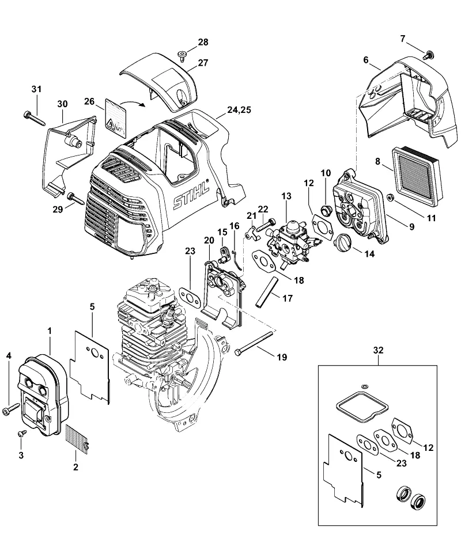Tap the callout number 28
click(203, 42)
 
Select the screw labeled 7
click(429, 54)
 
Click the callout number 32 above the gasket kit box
click(378, 350)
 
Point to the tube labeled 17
click(266, 292)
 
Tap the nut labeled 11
click(391, 197)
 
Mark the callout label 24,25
click(239, 109)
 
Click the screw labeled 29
click(76, 199)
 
